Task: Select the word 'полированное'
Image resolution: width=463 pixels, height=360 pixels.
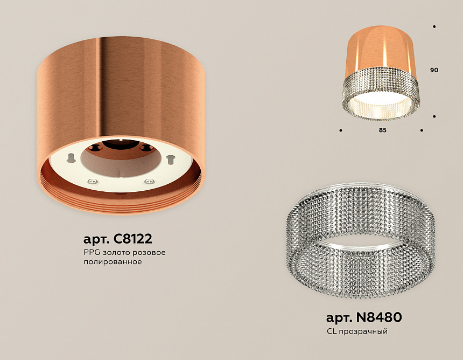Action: point(113,262)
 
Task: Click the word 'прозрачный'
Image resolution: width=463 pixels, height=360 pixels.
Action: point(363,331)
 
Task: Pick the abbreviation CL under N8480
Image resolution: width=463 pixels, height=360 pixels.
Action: point(331,331)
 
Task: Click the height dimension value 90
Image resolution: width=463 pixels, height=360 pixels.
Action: point(434,71)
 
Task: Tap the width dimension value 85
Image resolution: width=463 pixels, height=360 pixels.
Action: point(382,130)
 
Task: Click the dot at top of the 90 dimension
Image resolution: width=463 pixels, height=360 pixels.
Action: point(434,26)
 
